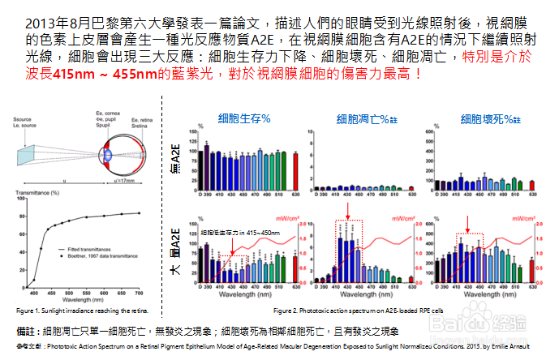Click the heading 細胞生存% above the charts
click(x=244, y=119)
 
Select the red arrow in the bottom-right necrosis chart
click(x=467, y=223)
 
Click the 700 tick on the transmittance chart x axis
click(x=139, y=292)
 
